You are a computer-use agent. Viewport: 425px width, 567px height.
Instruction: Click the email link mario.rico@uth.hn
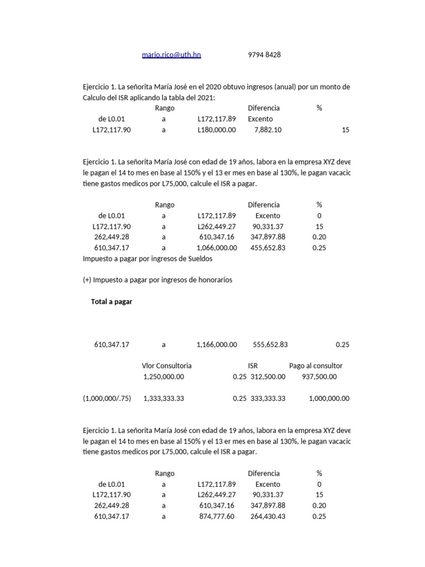tap(171, 55)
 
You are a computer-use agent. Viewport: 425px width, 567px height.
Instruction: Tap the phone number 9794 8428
tap(264, 55)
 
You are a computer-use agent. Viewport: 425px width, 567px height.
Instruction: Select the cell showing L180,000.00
tap(216, 130)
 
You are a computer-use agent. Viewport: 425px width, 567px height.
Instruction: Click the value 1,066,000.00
tap(216, 248)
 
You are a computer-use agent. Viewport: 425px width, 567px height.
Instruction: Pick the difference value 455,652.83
tap(267, 248)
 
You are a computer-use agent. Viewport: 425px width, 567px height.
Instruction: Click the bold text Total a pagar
tap(111, 302)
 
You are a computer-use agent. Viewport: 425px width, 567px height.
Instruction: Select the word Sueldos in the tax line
tap(200, 259)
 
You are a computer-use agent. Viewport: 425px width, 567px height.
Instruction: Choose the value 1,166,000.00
tap(216, 344)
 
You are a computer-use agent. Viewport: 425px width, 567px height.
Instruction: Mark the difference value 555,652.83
tap(270, 344)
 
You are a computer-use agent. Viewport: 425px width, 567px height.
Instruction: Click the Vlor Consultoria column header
tap(167, 366)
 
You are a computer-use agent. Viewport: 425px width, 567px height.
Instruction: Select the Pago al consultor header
tap(315, 366)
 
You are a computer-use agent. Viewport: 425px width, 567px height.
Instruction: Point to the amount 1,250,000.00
tap(163, 377)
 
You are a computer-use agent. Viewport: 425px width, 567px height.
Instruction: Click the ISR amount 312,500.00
tap(268, 377)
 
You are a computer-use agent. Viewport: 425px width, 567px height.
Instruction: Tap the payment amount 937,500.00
tap(319, 377)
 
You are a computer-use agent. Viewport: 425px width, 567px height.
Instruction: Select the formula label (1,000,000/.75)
tap(107, 398)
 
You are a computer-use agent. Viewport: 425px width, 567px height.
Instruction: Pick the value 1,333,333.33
tap(163, 398)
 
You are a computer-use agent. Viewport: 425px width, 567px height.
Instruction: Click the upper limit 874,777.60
tap(216, 517)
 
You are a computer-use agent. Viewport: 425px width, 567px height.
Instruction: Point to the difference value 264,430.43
tap(267, 517)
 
